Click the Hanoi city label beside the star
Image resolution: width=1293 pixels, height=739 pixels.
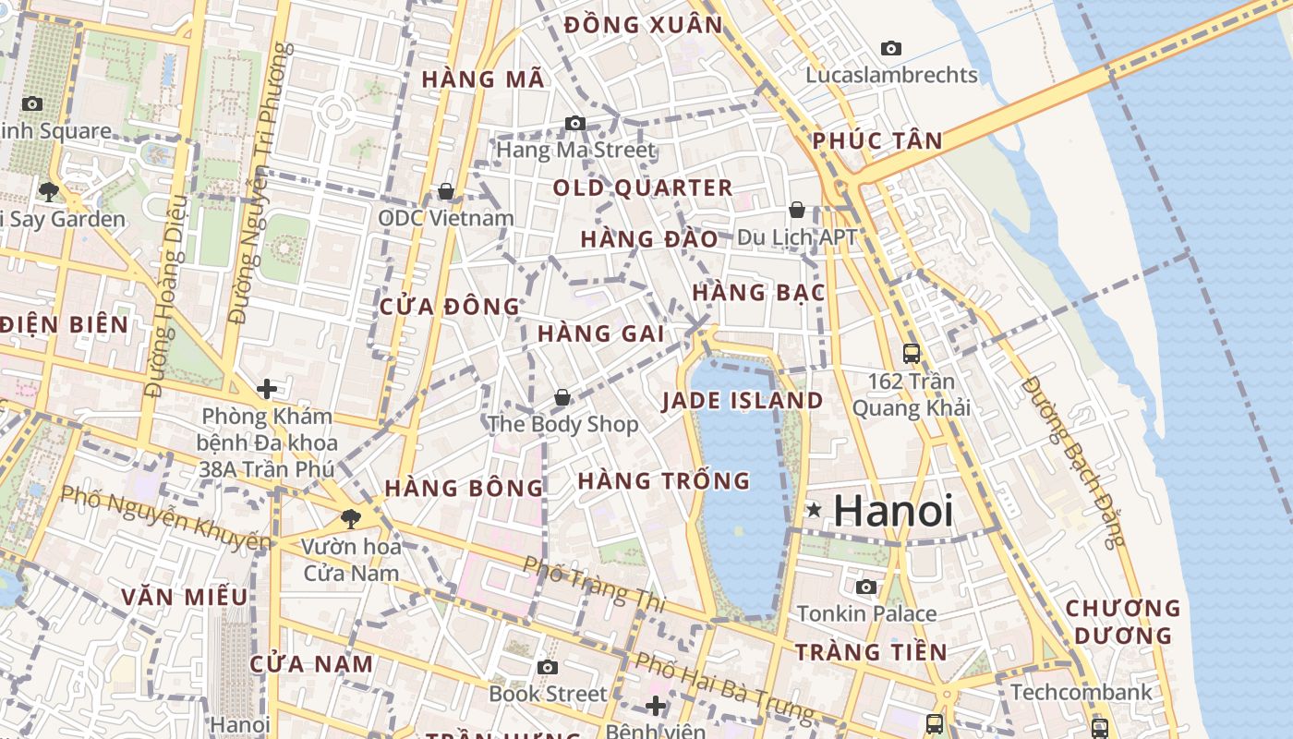(893, 511)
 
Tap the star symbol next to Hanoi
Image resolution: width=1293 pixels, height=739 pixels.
(814, 509)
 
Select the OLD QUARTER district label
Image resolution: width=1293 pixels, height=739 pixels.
(643, 188)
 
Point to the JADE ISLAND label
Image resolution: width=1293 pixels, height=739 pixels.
(743, 401)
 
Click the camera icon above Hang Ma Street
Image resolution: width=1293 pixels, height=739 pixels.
(575, 123)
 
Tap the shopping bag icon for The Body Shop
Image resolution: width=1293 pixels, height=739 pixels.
(562, 398)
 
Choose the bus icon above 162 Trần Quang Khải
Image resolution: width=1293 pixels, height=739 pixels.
(912, 353)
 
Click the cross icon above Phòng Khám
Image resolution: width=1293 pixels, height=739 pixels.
(267, 389)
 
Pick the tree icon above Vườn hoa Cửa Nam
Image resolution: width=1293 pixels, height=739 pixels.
(350, 519)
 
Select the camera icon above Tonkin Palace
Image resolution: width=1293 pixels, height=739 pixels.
(866, 587)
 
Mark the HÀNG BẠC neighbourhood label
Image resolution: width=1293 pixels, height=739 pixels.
(758, 293)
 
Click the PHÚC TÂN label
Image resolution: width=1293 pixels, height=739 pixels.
(877, 141)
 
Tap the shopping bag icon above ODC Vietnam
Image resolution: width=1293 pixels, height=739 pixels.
(446, 191)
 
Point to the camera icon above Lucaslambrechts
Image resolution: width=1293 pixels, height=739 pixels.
(891, 48)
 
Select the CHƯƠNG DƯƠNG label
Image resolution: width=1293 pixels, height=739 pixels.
(1123, 622)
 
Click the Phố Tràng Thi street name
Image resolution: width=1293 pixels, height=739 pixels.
(594, 583)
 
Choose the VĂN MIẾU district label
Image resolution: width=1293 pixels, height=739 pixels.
(185, 597)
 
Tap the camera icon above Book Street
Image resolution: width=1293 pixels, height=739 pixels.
(548, 667)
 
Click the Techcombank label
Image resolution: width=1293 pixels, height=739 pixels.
(1082, 692)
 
